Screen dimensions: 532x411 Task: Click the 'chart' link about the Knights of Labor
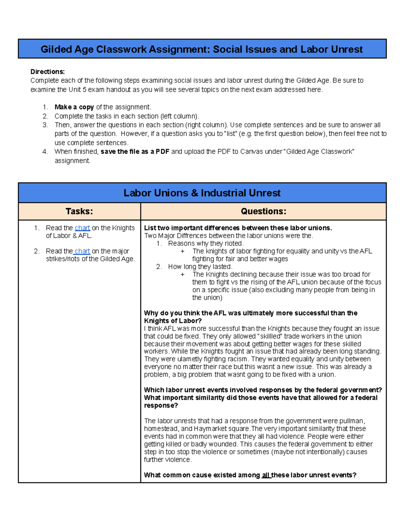tap(82, 228)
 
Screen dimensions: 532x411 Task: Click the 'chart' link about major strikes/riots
tap(82, 251)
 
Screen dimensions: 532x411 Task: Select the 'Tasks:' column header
tap(79, 211)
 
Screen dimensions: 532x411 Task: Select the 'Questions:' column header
tap(263, 211)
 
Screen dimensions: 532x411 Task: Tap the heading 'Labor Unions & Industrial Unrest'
tap(202, 193)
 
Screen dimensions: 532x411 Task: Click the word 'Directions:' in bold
tap(47, 72)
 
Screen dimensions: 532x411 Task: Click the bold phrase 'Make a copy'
tap(74, 107)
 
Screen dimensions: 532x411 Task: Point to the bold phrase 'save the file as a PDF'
tap(135, 151)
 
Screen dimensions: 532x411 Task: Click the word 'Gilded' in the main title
tap(56, 49)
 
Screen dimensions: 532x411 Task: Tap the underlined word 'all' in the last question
tap(266, 475)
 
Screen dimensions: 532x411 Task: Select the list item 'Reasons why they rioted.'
tap(206, 244)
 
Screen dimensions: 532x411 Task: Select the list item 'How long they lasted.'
tap(200, 267)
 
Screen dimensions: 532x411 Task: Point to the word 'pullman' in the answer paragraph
tap(352, 421)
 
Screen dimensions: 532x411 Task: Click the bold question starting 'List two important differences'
tap(238, 228)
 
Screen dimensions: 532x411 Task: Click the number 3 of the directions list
tap(45, 125)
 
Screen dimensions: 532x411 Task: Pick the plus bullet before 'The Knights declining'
tap(183, 274)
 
